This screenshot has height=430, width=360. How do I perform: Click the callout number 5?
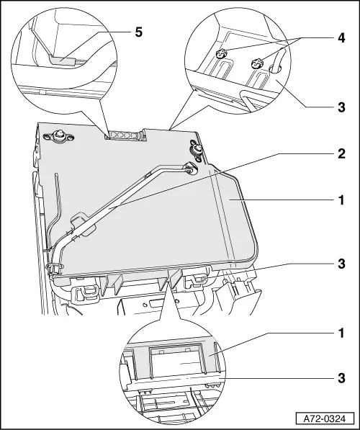[x=139, y=32]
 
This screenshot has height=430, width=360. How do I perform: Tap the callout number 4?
[x=341, y=38]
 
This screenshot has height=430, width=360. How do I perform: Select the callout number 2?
[x=341, y=154]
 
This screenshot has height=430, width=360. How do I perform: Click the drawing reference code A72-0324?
[x=325, y=419]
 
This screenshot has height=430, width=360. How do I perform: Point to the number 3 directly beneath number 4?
[x=341, y=107]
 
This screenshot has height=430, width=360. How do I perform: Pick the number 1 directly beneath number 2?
[x=341, y=200]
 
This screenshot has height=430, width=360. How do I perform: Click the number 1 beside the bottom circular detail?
[x=341, y=333]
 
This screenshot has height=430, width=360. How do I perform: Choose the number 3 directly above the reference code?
[x=341, y=378]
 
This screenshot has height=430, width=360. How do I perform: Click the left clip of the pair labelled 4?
[x=221, y=53]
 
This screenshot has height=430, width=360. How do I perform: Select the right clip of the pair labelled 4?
[x=256, y=64]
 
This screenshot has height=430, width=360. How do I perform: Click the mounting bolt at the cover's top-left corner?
[x=58, y=135]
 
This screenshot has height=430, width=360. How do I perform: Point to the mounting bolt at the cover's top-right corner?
[x=197, y=151]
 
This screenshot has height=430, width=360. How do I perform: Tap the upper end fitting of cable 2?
[x=190, y=169]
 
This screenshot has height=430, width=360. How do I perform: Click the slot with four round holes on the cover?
[x=125, y=135]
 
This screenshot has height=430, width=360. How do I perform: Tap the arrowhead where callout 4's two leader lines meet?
[x=302, y=37]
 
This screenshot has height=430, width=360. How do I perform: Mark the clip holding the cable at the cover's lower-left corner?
[x=55, y=267]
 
